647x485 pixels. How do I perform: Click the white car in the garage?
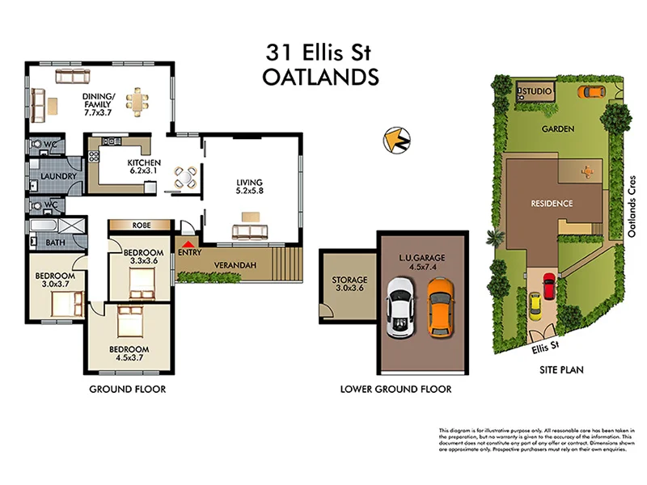click(400, 307)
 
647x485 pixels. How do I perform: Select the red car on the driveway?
click(549, 286)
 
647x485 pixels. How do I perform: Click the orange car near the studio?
click(590, 91)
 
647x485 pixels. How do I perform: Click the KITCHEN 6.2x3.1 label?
click(144, 167)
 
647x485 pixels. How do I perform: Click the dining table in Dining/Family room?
click(138, 101)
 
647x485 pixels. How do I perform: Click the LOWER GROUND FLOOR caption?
click(396, 390)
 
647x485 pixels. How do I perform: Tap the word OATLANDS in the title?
click(321, 78)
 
